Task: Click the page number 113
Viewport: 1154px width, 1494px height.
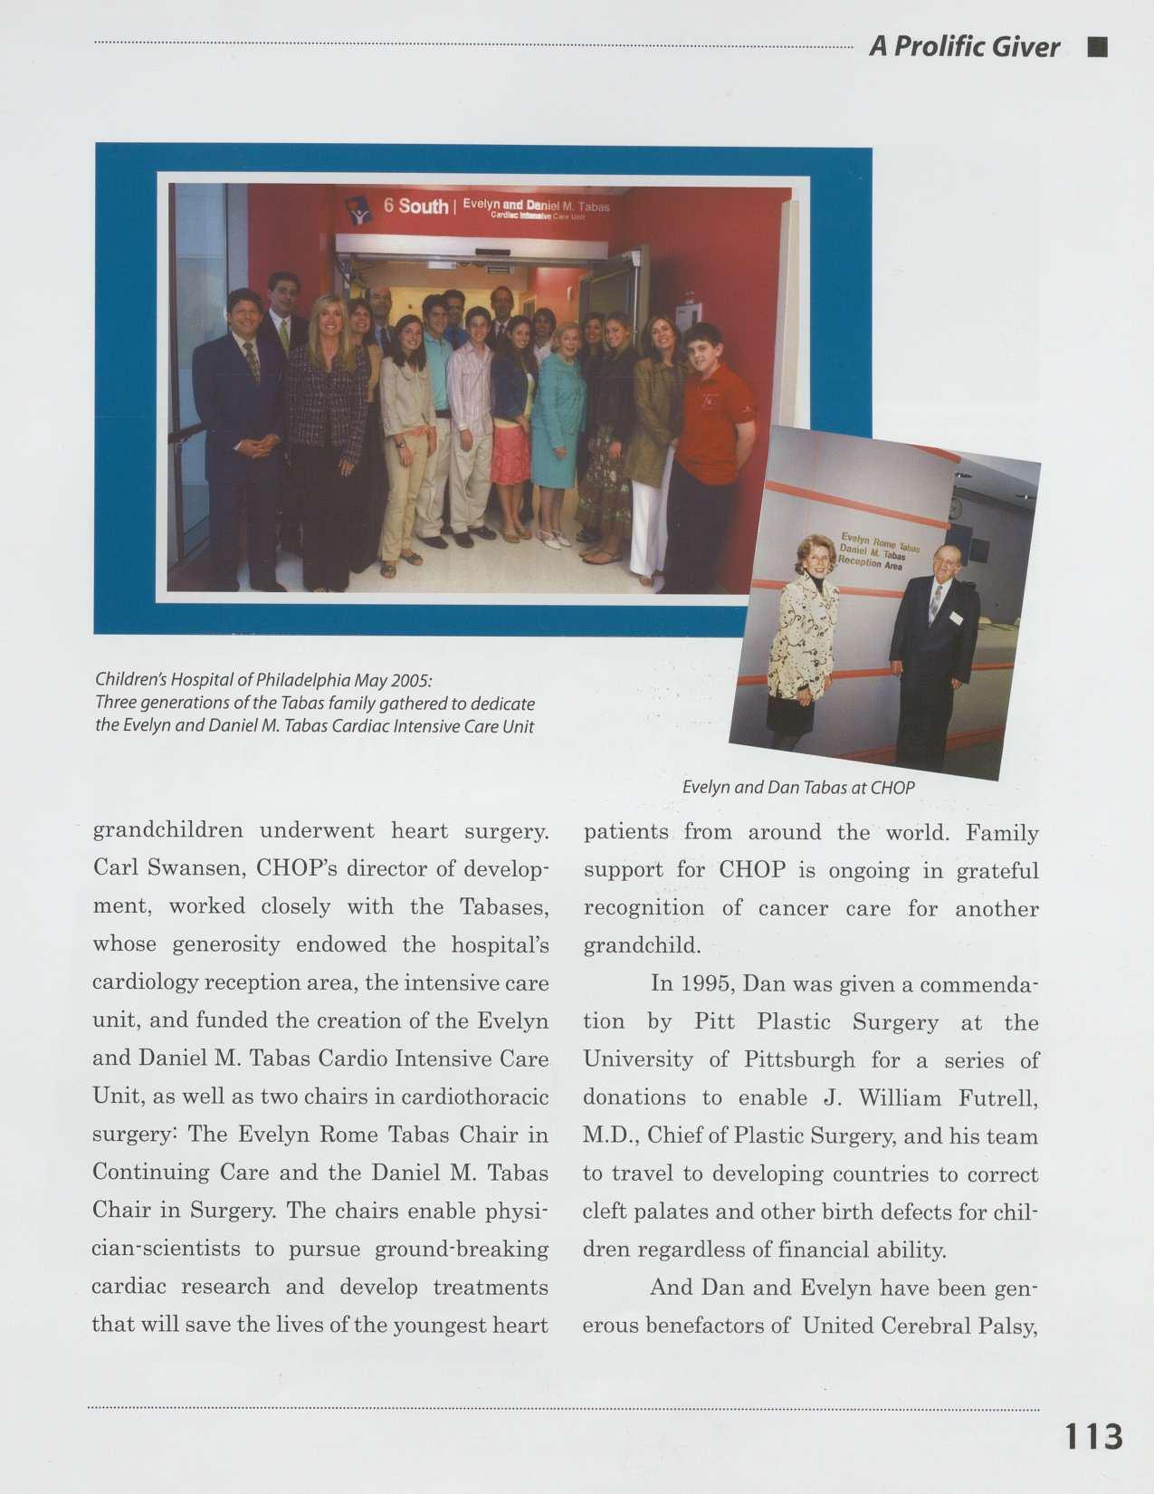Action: (x=1093, y=1437)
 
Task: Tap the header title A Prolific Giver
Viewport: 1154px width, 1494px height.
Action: (x=964, y=47)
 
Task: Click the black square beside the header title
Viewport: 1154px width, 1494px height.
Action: (x=1098, y=47)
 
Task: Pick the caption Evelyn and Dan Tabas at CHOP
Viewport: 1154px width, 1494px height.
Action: (x=798, y=788)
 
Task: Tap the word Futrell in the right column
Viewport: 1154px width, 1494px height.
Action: (x=998, y=1098)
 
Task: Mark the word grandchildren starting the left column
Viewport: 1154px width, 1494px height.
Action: (x=168, y=831)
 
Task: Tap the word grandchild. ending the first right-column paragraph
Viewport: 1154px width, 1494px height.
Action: (x=642, y=946)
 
